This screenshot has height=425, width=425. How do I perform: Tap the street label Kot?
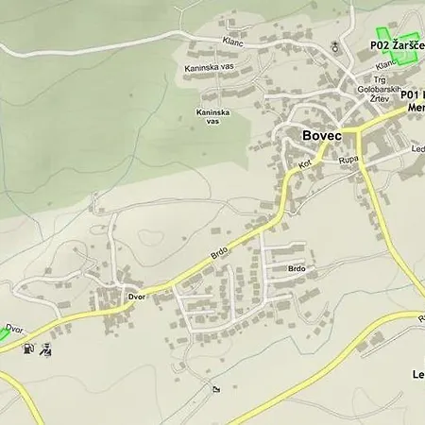click(305, 164)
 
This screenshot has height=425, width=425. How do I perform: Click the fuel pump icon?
click(29, 348)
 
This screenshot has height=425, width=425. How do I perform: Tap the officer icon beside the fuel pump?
click(46, 349)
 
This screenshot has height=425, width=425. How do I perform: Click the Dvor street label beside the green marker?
click(13, 329)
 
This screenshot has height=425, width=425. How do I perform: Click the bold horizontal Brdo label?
click(297, 269)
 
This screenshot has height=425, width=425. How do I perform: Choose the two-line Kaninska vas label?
click(212, 117)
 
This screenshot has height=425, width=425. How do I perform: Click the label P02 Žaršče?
click(396, 44)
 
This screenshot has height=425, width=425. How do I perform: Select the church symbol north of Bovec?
click(335, 46)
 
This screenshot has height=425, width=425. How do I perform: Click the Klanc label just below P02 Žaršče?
click(385, 65)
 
